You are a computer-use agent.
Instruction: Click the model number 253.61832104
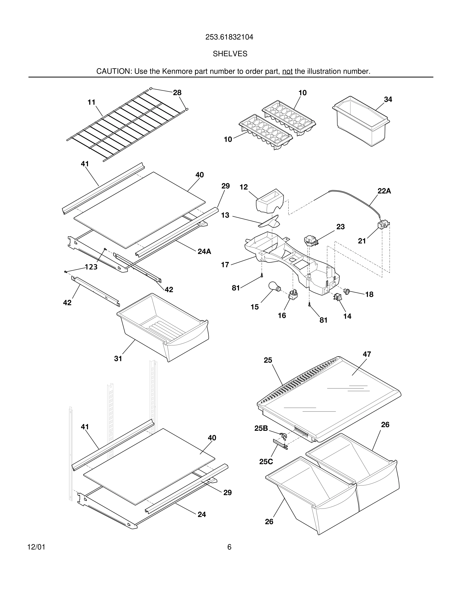coord(229,37)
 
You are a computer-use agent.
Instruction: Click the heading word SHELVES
coord(230,54)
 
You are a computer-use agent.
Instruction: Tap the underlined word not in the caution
coord(287,71)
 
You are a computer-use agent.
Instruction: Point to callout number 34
coord(388,99)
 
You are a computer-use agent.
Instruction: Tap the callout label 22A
coord(384,191)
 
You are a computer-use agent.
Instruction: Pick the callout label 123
coord(91,267)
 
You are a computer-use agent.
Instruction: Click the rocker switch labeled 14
coord(337,297)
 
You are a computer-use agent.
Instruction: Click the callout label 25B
coord(261,428)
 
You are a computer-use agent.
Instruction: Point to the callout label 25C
coord(266,461)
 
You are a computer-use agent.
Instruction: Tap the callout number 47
coord(366,354)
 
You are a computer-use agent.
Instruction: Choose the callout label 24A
coord(204,251)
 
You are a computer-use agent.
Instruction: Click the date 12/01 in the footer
coord(36,547)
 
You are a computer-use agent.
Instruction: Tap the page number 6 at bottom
coord(229,547)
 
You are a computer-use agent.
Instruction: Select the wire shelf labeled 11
coord(128,125)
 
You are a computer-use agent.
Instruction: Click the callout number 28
coord(177,93)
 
